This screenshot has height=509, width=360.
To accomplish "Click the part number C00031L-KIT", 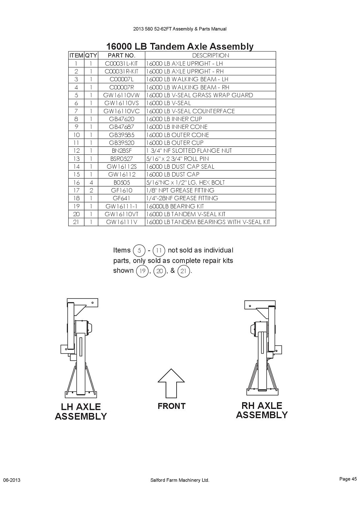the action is pos(122,63).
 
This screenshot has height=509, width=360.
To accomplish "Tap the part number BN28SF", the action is pos(122,151).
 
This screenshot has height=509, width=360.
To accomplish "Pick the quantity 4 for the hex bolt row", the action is pos(91,183).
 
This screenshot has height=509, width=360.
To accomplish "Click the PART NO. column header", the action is pos(122,55).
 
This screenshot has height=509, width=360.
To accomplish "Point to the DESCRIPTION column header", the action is pos(211,55).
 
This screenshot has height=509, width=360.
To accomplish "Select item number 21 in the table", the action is pos(76,222).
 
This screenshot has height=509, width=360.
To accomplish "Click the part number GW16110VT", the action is pos(122,214).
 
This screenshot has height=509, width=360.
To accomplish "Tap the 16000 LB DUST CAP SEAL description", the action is pos(180,167).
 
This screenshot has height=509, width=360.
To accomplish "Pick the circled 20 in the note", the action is pos(160,271).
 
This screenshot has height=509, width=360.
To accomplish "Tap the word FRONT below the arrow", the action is pos(172,406).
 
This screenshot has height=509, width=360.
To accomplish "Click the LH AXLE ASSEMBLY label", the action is pos(81,412).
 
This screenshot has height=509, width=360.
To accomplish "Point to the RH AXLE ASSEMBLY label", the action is pos(262,410).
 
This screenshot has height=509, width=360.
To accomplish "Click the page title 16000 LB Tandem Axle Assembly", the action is pos(180,46).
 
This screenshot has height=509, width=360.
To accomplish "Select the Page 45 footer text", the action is pos(348,479).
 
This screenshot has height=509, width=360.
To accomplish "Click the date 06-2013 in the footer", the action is pos(12,480).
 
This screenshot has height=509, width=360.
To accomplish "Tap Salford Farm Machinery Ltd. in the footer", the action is pos(180,480).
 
